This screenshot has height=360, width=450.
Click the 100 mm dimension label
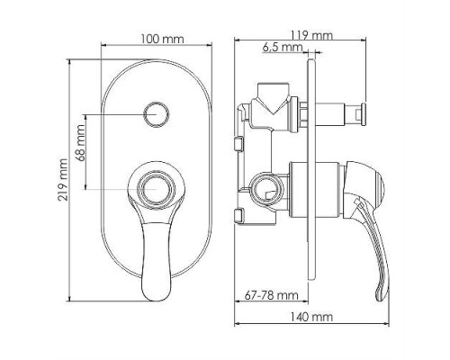162,39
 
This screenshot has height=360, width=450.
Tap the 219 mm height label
63,180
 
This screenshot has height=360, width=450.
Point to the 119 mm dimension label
311,35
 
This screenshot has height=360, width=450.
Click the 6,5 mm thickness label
283,47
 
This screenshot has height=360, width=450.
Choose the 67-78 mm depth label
272,295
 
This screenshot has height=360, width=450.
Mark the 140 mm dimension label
311,317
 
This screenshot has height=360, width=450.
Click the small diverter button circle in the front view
157,114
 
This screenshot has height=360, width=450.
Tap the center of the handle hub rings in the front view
157,190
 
